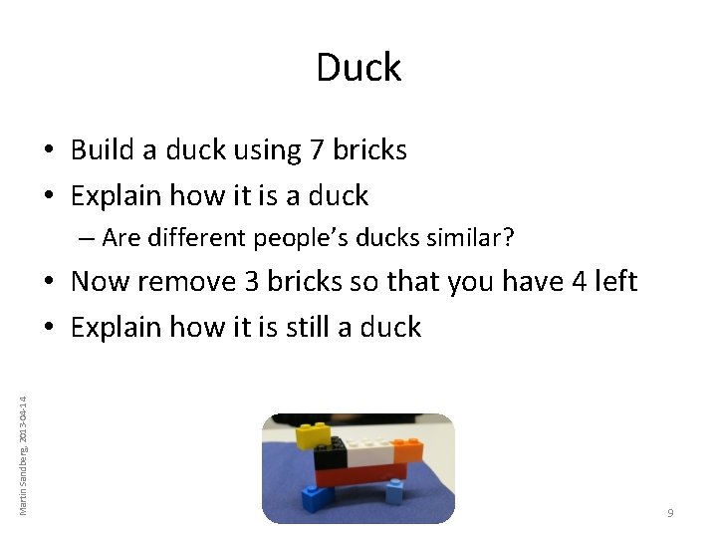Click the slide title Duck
[358, 68]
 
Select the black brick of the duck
[329, 455]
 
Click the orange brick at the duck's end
[406, 451]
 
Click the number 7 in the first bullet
[317, 150]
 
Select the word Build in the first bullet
[102, 150]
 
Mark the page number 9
[670, 512]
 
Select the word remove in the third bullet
[169, 282]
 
